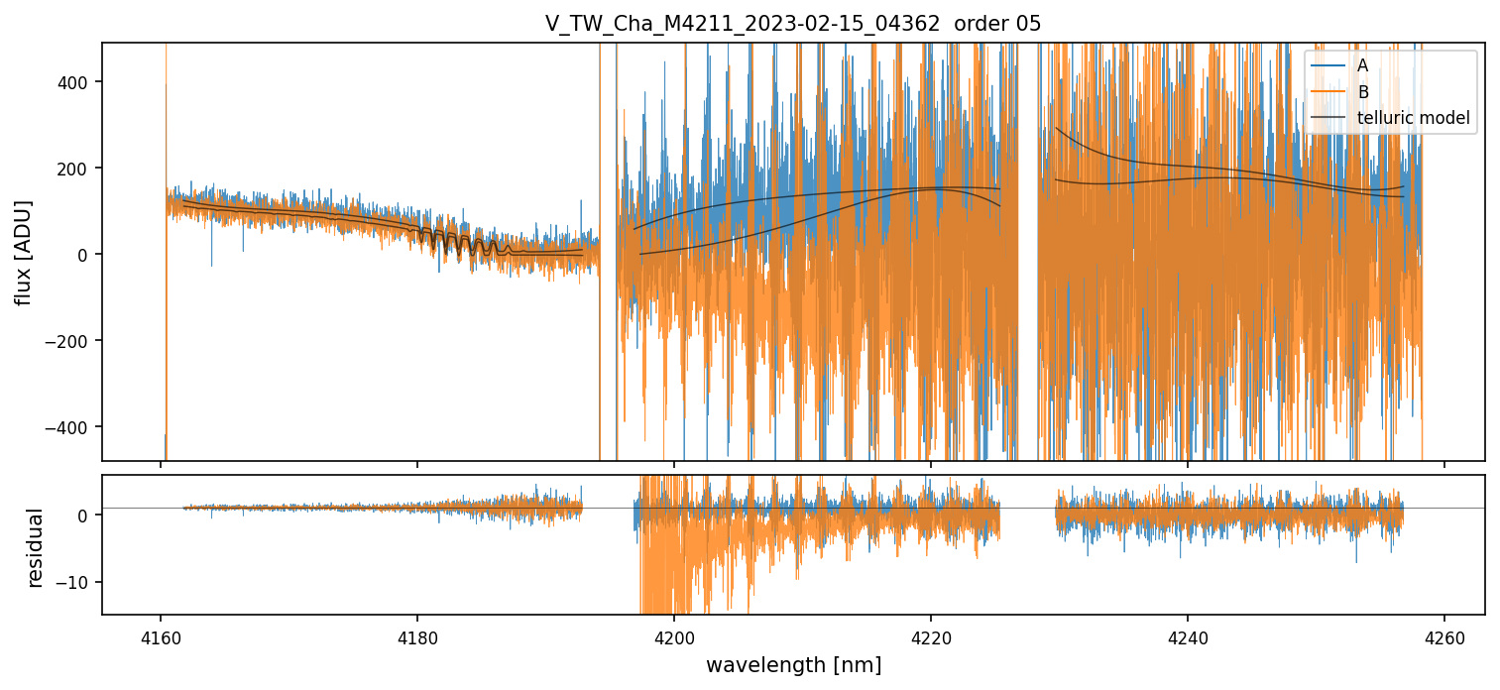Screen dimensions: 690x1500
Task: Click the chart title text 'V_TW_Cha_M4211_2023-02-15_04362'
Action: (742, 24)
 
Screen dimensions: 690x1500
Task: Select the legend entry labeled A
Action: (1362, 65)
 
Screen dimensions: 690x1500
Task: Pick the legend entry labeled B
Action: (1362, 92)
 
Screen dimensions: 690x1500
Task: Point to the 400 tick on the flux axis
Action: (77, 82)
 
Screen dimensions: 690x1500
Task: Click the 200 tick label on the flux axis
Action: (77, 169)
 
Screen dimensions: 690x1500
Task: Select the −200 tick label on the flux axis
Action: (72, 341)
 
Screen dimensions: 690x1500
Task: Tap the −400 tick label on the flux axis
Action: (72, 427)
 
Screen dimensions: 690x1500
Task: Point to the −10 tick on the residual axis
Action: (77, 582)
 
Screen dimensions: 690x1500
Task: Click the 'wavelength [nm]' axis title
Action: (793, 664)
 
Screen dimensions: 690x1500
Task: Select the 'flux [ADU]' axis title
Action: (24, 252)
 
